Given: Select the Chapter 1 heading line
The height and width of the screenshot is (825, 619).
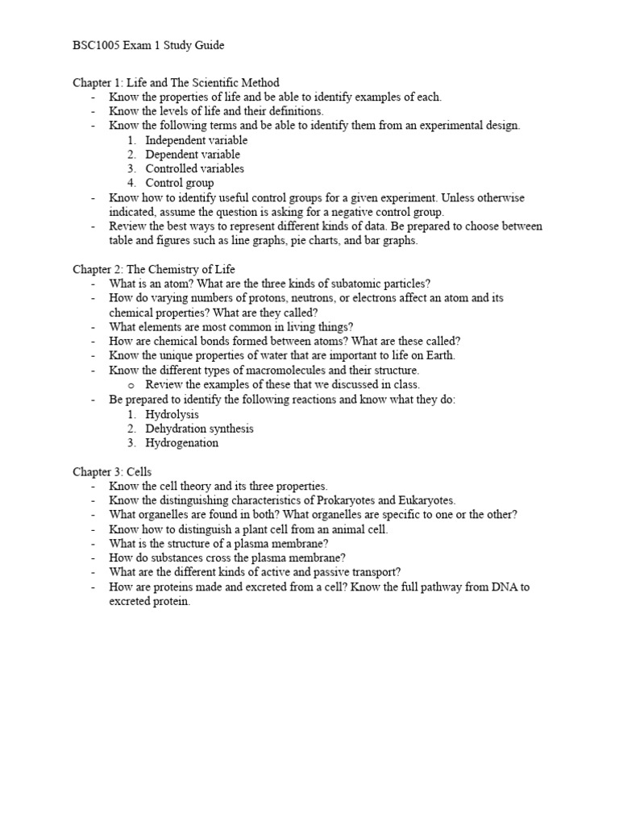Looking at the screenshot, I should click(176, 82).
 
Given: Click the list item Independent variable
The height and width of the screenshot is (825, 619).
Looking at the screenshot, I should click(197, 140).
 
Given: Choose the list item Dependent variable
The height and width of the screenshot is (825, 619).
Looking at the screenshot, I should click(193, 155).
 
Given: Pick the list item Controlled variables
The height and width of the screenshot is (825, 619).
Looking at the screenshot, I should click(194, 169).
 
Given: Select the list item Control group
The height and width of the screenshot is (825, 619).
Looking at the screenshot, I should click(180, 184).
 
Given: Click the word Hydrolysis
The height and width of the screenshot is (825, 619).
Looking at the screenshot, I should click(172, 414).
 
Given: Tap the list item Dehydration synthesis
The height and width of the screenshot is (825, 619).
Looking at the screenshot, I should click(199, 429).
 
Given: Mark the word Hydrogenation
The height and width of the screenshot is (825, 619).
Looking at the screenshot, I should click(181, 443).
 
